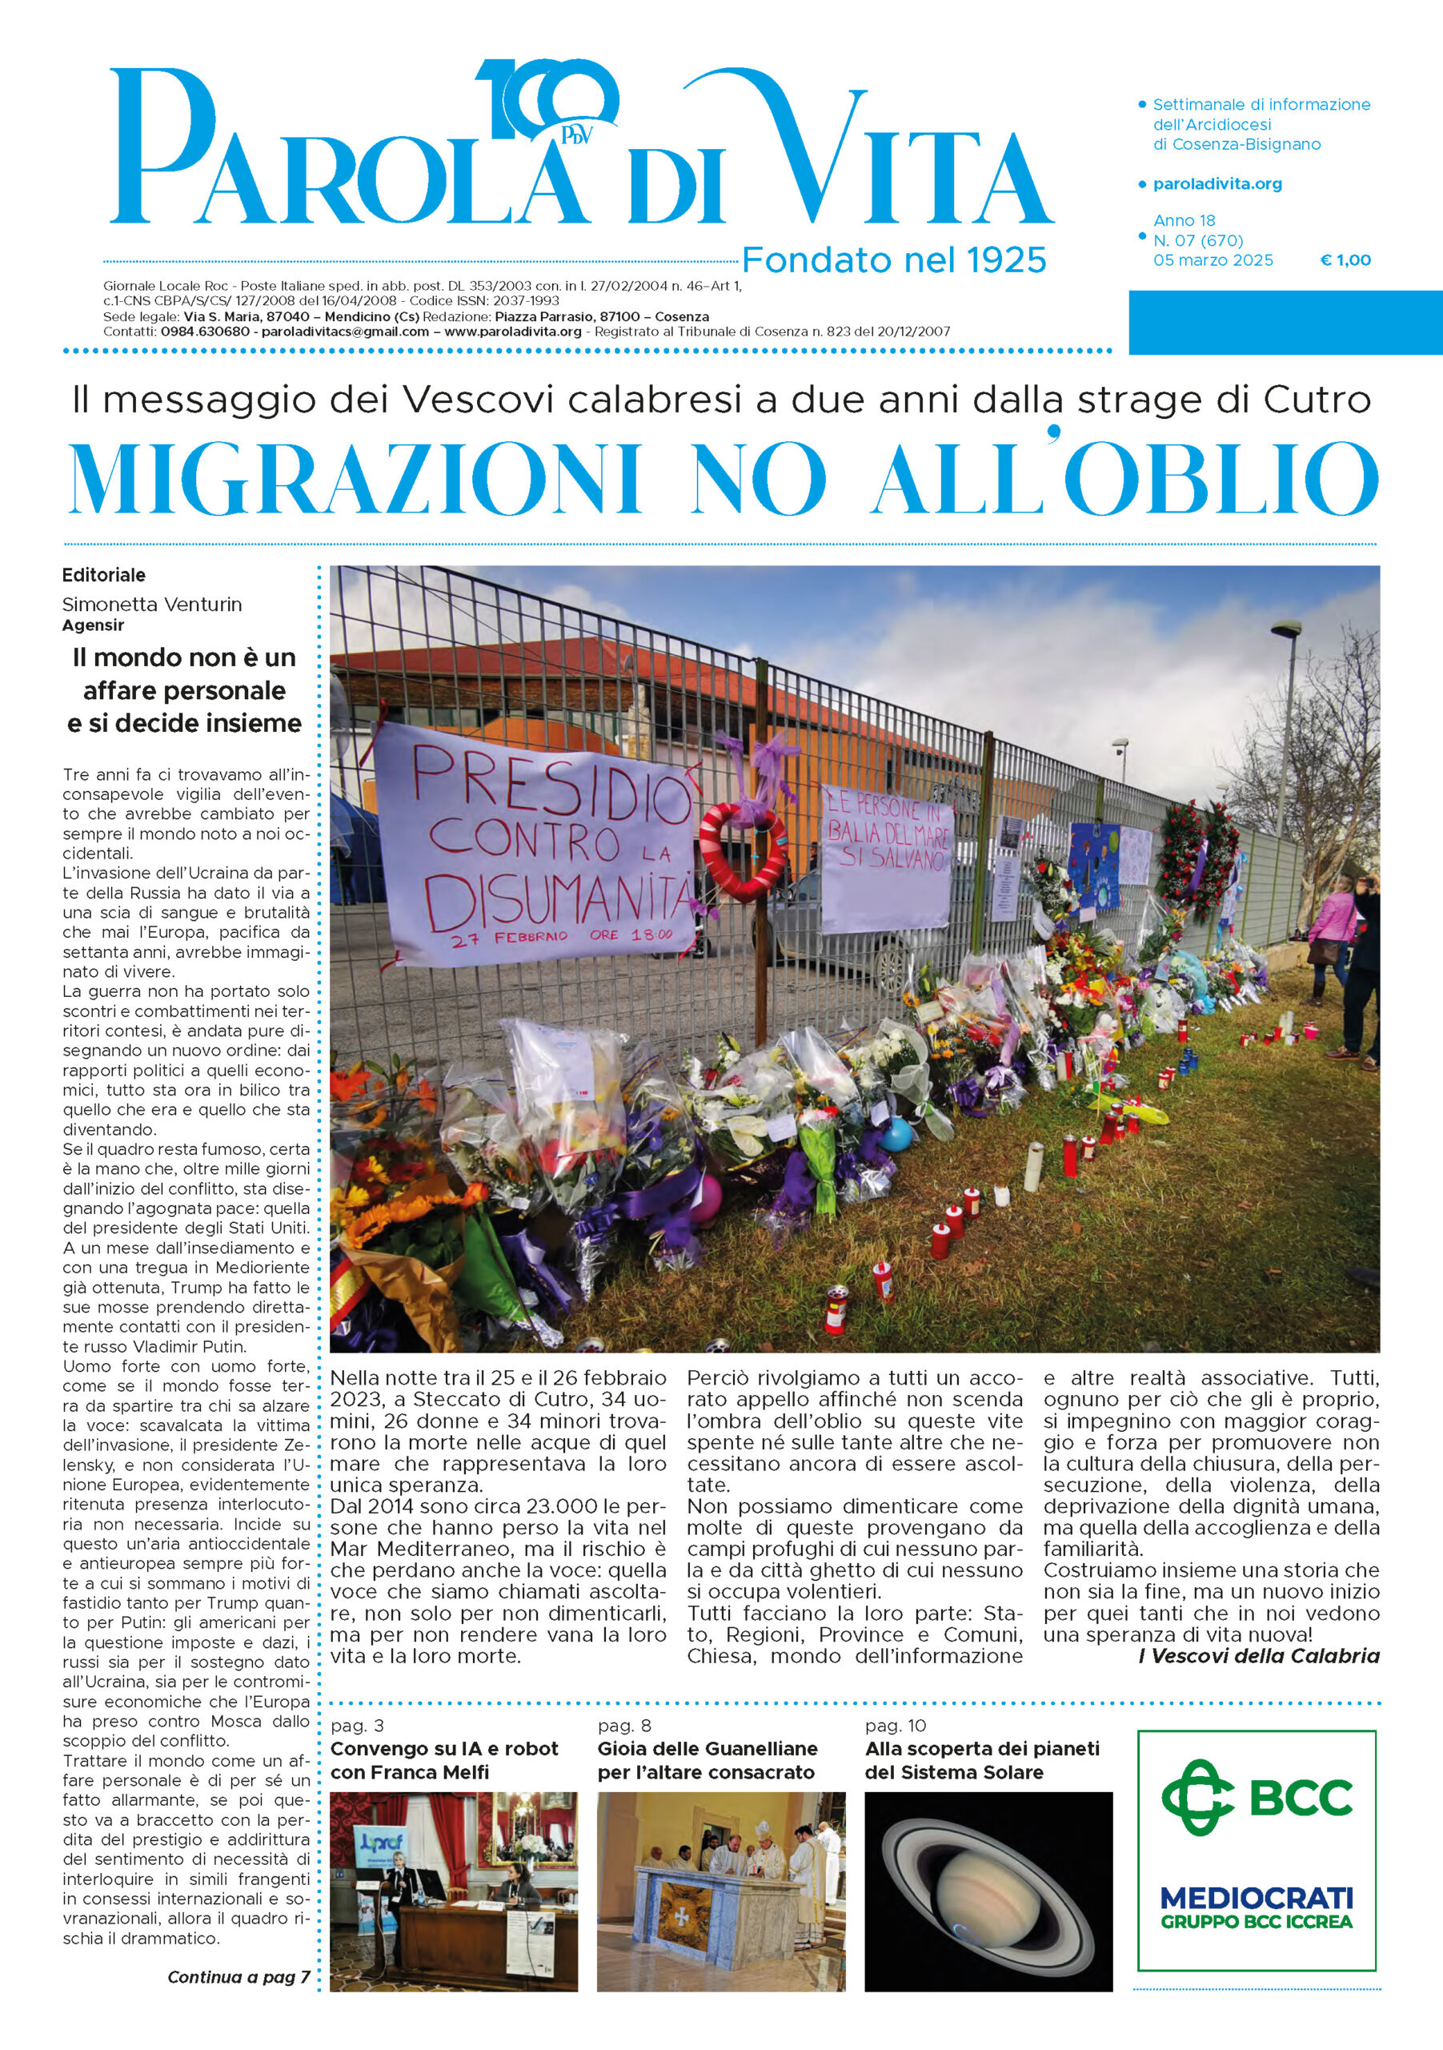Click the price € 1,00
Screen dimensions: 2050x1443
click(x=1345, y=261)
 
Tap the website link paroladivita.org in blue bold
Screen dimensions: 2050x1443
click(x=1217, y=184)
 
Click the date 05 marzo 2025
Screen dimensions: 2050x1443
click(x=1213, y=261)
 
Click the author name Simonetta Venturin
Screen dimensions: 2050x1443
click(x=152, y=605)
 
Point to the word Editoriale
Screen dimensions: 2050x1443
click(x=103, y=575)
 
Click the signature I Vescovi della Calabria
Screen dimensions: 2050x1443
click(x=1258, y=1656)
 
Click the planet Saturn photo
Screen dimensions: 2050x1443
click(x=988, y=1891)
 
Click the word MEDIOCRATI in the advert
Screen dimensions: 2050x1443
click(x=1257, y=1897)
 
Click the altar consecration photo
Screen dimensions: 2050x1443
click(x=720, y=1891)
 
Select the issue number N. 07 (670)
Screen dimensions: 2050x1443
click(x=1197, y=240)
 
